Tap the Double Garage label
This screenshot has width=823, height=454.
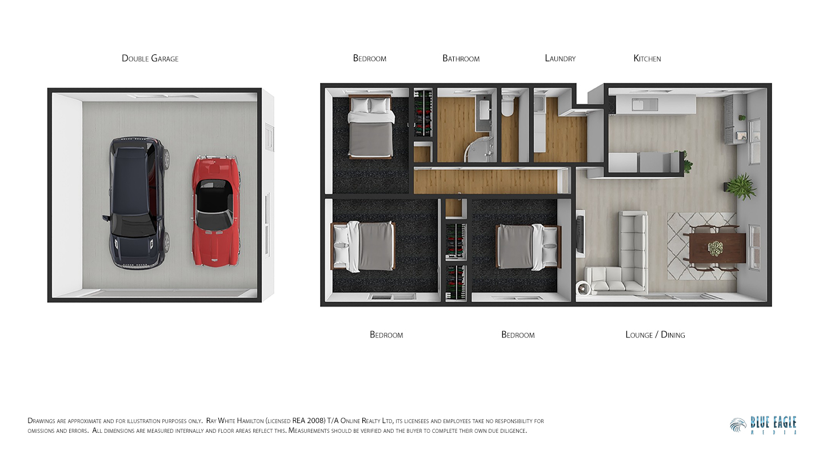click(x=150, y=58)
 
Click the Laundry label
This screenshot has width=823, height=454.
click(x=560, y=58)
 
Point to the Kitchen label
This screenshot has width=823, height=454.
click(x=647, y=58)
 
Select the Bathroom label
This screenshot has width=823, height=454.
click(x=461, y=58)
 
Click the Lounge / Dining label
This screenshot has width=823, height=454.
click(x=655, y=334)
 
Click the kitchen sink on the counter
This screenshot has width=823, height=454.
click(x=645, y=105)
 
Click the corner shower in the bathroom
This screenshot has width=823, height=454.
click(x=480, y=149)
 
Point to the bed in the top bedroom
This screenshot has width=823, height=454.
click(x=371, y=127)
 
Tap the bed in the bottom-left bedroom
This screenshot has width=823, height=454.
click(x=363, y=246)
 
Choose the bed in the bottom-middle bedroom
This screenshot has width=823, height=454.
click(x=528, y=246)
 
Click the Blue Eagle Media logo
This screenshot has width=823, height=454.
click(x=763, y=425)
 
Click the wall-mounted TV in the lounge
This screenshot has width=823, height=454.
click(x=580, y=234)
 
